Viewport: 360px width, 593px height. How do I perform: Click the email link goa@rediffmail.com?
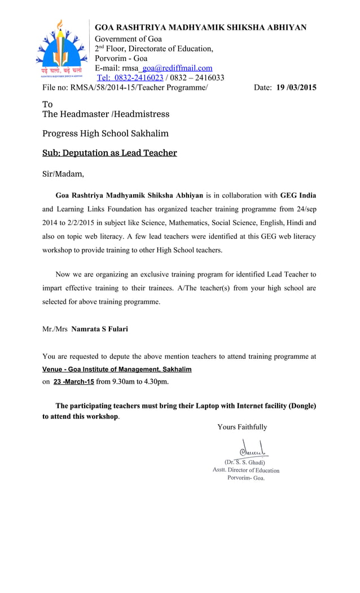177,68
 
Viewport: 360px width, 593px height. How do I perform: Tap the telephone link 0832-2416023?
130,78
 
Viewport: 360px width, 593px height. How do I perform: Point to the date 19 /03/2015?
296,87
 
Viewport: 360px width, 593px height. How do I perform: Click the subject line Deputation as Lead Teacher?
109,153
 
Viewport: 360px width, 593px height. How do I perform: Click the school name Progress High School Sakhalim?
106,134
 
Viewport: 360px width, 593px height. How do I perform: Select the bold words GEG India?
298,196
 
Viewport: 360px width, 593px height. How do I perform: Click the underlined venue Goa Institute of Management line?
117,370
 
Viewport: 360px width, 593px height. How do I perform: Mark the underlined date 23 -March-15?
73,382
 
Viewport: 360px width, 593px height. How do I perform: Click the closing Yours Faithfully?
242,427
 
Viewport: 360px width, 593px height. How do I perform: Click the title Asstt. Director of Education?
245,470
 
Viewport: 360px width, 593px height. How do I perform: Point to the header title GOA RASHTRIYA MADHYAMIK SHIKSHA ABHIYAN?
200,27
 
